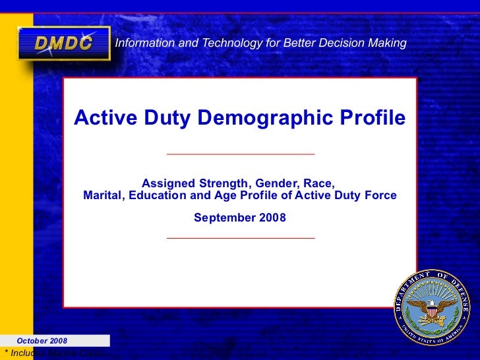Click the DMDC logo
point(63,44)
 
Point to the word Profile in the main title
point(373,119)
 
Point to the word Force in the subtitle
point(382,195)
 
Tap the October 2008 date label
point(42,341)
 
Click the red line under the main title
point(241,154)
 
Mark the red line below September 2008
point(241,237)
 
